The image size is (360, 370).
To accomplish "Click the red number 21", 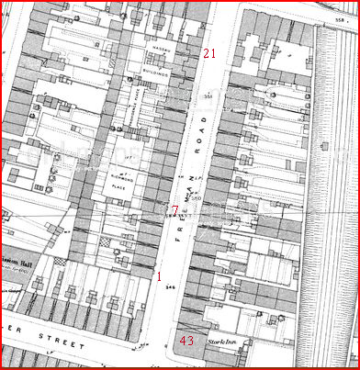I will (x=209, y=54).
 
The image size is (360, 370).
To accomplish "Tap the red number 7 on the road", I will (x=175, y=210).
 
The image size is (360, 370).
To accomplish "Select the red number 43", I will (x=186, y=341).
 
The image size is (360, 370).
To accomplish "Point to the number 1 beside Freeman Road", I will (x=159, y=275).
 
